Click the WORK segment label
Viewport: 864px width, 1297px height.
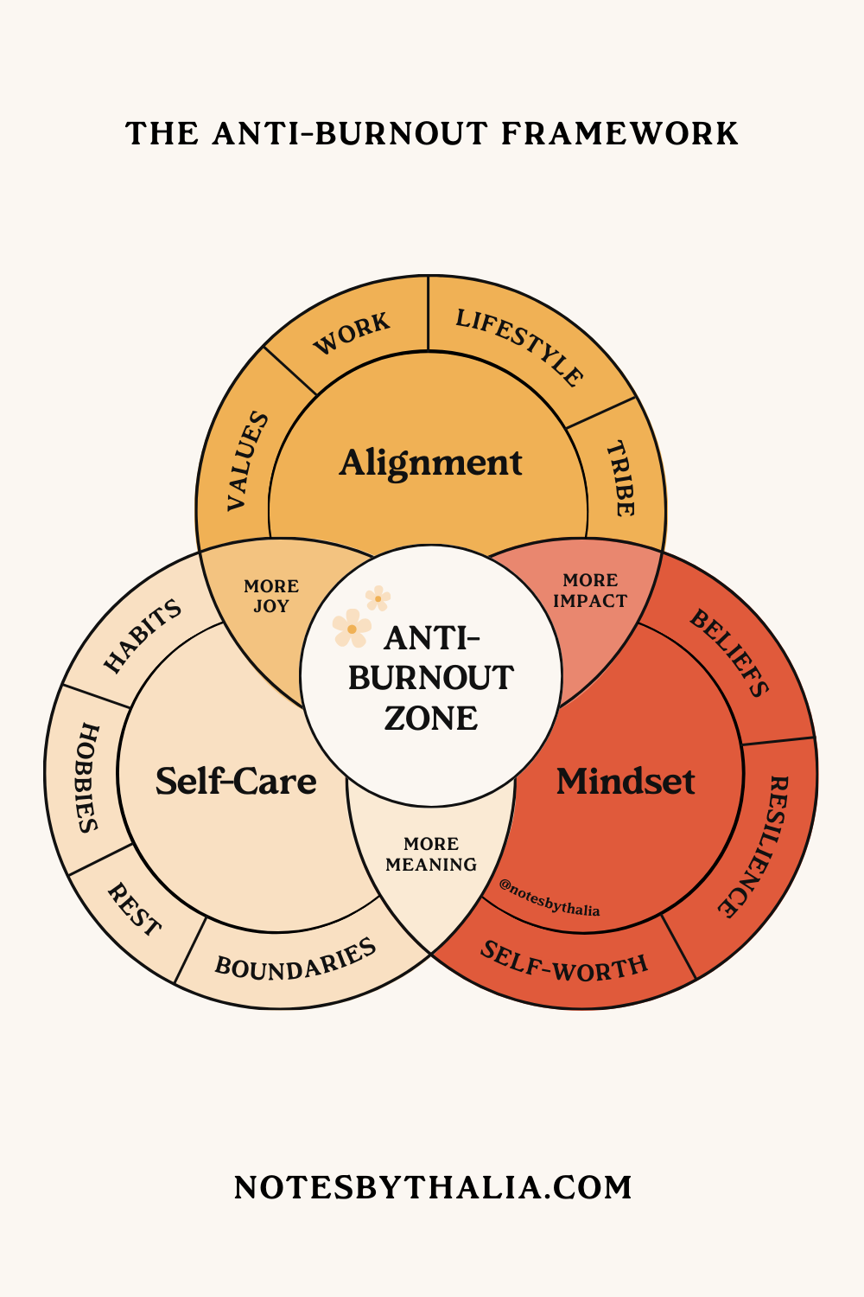coord(352,334)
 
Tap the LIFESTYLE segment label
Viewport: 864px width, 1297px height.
coord(519,347)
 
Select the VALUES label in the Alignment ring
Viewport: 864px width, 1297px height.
coord(248,461)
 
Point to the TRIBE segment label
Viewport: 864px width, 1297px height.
coord(620,478)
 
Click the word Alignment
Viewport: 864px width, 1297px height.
coord(430,463)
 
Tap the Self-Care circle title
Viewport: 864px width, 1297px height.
coord(236,782)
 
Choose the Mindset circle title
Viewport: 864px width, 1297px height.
coord(626,782)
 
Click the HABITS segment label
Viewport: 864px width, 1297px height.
coord(143,636)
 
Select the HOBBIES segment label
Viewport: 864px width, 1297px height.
coord(87,777)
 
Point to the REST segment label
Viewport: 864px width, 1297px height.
coord(134,910)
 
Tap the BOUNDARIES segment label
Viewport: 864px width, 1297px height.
coord(295,959)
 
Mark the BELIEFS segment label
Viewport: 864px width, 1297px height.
coord(729,652)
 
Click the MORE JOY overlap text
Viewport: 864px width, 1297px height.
coord(271,596)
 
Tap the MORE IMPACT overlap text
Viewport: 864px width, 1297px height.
coord(590,591)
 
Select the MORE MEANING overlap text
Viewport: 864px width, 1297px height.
coord(431,854)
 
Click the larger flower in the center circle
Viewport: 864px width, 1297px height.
coord(352,629)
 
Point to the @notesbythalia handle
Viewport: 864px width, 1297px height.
coord(550,898)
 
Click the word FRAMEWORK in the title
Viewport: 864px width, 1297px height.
coord(619,134)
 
